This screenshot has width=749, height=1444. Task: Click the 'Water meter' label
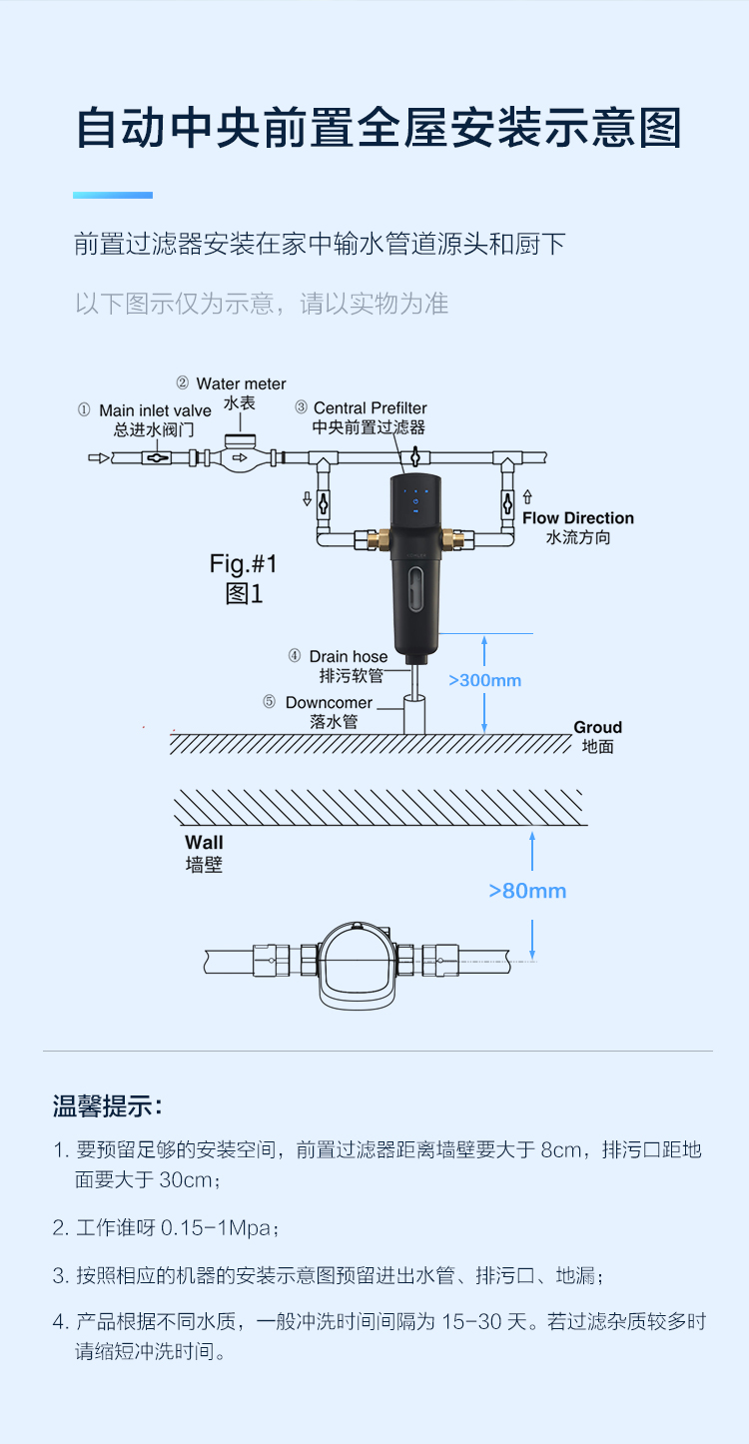pos(241,383)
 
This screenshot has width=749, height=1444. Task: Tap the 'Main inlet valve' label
pos(156,410)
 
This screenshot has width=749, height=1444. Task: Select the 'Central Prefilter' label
pos(370,408)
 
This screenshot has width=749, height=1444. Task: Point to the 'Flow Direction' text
pos(578,518)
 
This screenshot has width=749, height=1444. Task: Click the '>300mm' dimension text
pos(484,680)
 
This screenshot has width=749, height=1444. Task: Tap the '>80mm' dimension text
pos(527,891)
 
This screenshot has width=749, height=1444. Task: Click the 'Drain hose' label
pos(349,656)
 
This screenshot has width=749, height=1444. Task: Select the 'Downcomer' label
pos(329,703)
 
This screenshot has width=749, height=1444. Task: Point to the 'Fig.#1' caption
pos(243,564)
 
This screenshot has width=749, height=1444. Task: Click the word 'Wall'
pos(204,843)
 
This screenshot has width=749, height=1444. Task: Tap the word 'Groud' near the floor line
pos(597,727)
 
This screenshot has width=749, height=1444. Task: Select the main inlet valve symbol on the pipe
pos(156,458)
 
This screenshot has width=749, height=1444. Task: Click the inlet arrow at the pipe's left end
pos(99,458)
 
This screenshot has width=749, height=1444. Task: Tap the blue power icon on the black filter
pos(415,501)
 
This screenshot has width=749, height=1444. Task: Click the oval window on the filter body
pos(415,592)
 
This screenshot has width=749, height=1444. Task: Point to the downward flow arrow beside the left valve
pos(307,498)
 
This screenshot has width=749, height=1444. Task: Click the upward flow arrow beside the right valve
pos(527,496)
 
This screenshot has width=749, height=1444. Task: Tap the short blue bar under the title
pos(113,195)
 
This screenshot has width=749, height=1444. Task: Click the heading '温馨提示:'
pos(107,1106)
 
